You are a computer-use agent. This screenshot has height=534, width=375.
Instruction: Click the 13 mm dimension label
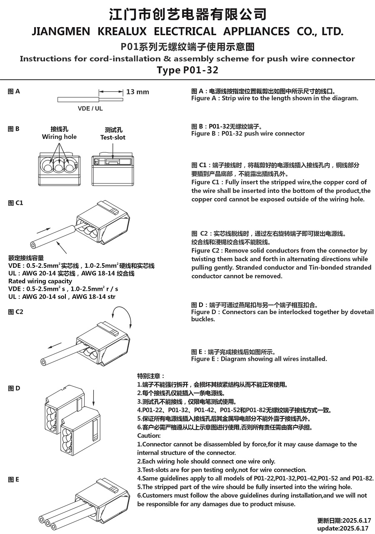[137, 92]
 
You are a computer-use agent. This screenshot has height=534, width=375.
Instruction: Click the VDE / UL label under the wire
[90, 108]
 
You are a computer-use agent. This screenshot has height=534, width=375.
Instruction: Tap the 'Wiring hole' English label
[59, 137]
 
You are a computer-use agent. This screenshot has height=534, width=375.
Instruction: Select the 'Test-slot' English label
[112, 137]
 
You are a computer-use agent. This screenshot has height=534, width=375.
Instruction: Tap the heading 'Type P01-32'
[187, 70]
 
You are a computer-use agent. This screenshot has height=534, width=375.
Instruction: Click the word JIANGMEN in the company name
[61, 32]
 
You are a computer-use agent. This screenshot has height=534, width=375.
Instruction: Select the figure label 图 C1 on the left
[15, 203]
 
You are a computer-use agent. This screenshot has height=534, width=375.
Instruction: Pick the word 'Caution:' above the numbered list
[149, 436]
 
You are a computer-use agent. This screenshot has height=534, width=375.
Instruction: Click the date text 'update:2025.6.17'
[343, 528]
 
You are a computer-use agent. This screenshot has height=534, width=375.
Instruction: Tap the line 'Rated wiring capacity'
[40, 281]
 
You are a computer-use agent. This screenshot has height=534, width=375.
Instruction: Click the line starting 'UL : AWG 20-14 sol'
[62, 297]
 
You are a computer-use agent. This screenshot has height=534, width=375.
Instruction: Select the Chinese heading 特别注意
[151, 376]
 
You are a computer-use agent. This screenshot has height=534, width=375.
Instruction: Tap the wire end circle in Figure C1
[33, 245]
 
